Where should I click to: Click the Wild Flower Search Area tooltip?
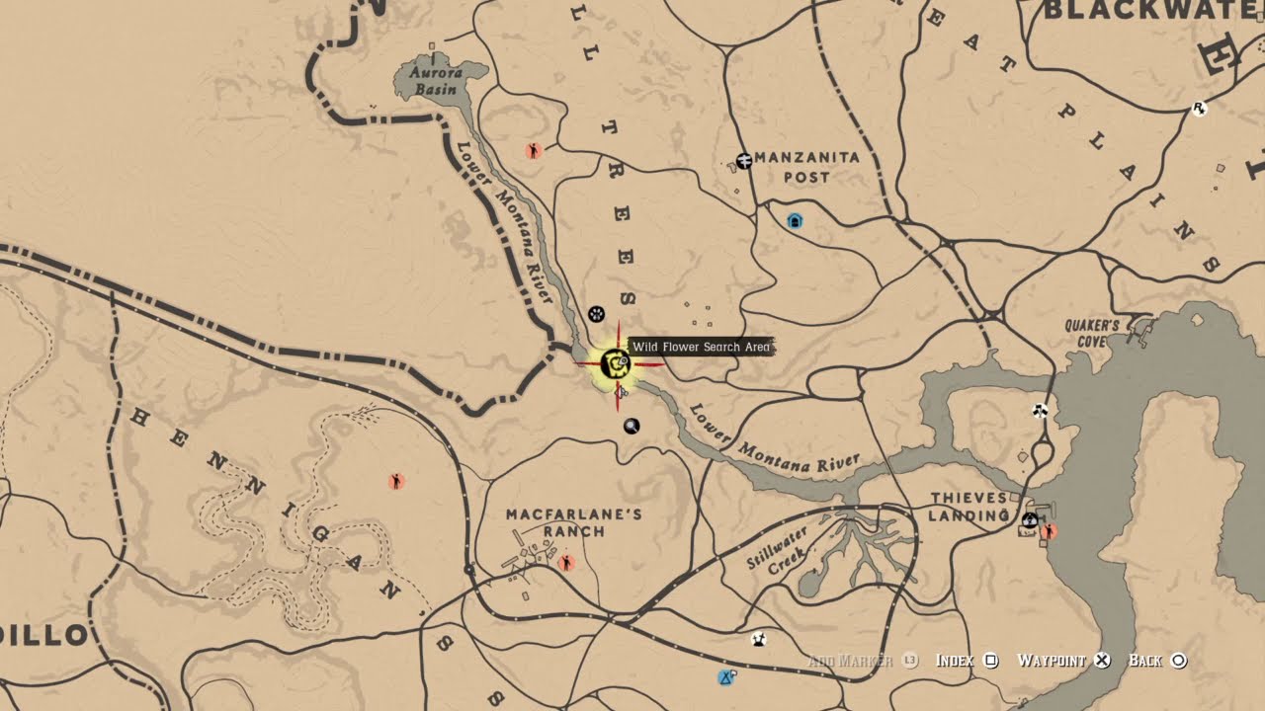tap(701, 347)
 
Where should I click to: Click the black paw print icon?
tap(596, 314)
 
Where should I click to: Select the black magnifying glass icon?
tap(632, 426)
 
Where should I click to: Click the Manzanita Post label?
tap(806, 167)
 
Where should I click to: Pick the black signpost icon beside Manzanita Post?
tap(744, 161)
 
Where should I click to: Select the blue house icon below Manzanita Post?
tap(795, 221)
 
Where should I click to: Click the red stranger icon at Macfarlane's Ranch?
tap(566, 563)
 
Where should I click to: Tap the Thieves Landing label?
tap(969, 507)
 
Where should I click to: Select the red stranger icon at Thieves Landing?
tap(1049, 531)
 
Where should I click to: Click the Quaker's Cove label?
tap(1092, 333)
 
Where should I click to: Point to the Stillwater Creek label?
tap(778, 548)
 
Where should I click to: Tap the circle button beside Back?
tap(1178, 661)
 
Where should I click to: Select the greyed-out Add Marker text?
tap(850, 661)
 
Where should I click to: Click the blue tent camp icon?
tap(726, 677)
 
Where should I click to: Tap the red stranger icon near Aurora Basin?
tap(534, 151)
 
